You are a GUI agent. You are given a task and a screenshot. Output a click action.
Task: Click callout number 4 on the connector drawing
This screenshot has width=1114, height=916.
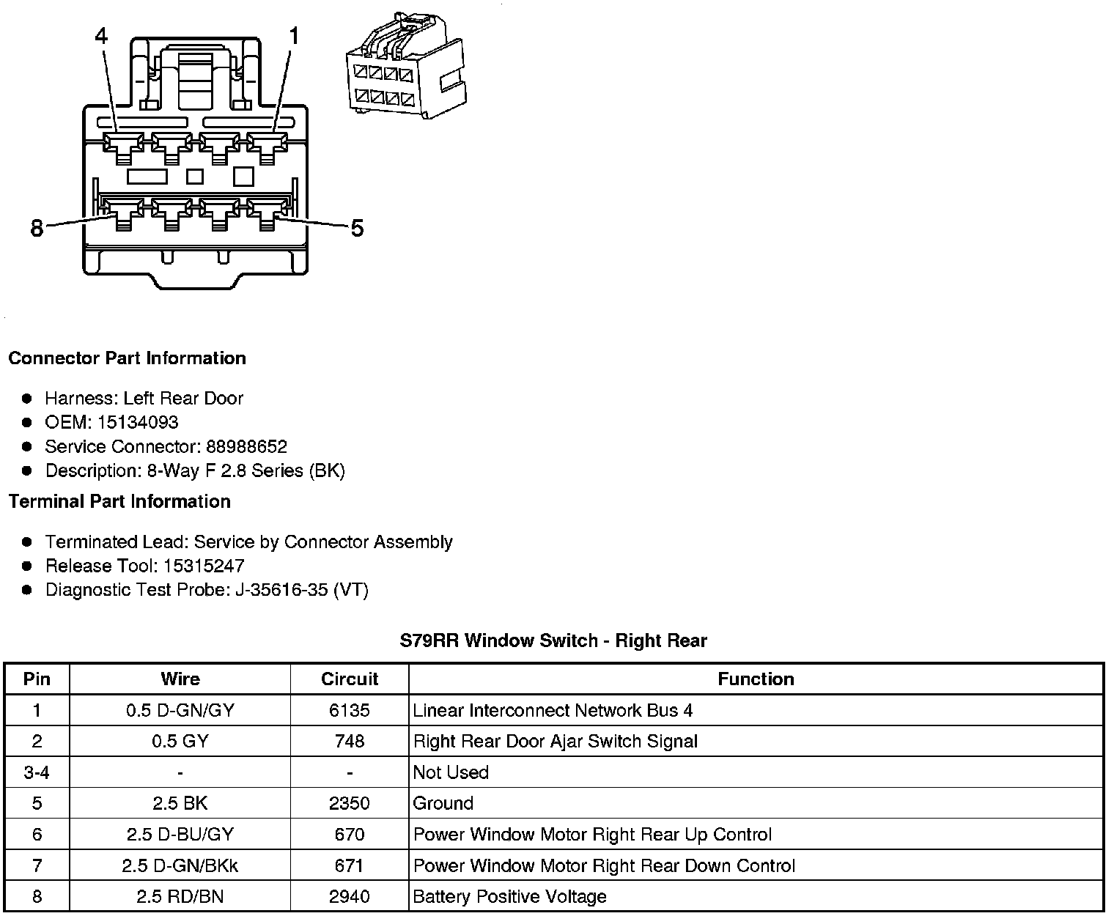(x=102, y=35)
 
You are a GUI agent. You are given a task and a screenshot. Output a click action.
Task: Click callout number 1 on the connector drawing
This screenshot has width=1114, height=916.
(x=294, y=35)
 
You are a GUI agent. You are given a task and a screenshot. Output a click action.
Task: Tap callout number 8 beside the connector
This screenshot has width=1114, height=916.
(x=37, y=229)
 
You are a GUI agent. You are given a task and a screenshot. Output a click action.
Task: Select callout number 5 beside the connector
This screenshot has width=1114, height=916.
(x=357, y=229)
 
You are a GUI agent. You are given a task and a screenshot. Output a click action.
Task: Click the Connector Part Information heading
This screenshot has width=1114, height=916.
(x=127, y=358)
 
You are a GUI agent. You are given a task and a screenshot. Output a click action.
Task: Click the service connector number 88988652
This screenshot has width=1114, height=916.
(x=246, y=446)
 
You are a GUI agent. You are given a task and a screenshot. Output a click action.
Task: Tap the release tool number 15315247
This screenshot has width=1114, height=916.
(x=204, y=566)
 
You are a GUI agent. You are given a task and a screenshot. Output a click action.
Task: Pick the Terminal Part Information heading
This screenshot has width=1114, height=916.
(x=119, y=501)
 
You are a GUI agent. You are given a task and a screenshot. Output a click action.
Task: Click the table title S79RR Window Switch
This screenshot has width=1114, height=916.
(x=553, y=640)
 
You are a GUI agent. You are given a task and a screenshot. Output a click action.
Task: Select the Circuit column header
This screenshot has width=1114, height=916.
(x=350, y=679)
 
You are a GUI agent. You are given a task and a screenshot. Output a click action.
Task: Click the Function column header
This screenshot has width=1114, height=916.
(x=756, y=679)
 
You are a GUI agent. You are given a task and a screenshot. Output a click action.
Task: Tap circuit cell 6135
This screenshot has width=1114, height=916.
(x=350, y=710)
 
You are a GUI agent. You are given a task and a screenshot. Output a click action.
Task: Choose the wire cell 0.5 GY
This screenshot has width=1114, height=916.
(x=180, y=741)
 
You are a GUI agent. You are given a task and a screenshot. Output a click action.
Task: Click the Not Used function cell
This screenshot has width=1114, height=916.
(x=451, y=772)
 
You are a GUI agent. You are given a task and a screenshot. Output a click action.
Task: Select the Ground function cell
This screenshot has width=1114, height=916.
(x=443, y=803)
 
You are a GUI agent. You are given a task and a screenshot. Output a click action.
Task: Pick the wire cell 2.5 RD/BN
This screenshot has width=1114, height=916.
(x=180, y=896)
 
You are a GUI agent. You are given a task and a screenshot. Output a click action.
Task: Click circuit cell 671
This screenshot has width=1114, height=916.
(x=350, y=865)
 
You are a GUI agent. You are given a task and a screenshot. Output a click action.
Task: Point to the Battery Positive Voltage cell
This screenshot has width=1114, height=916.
(x=510, y=896)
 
